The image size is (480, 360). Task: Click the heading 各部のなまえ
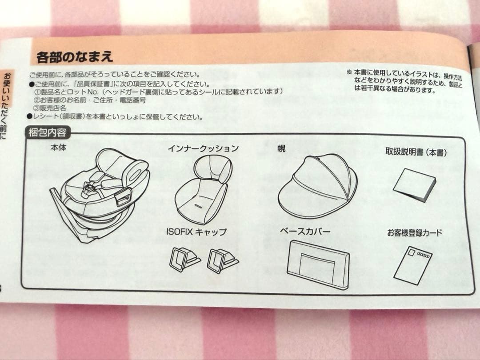(75, 57)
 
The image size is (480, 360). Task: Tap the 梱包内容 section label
(47, 132)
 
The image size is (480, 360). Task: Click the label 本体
(58, 148)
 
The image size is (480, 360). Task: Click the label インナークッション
(203, 148)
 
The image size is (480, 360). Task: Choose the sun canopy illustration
(317, 186)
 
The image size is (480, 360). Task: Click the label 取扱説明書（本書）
(416, 152)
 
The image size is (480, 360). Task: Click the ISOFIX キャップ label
(196, 232)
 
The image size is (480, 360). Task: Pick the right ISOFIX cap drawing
(221, 260)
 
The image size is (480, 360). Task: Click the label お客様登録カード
(414, 233)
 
